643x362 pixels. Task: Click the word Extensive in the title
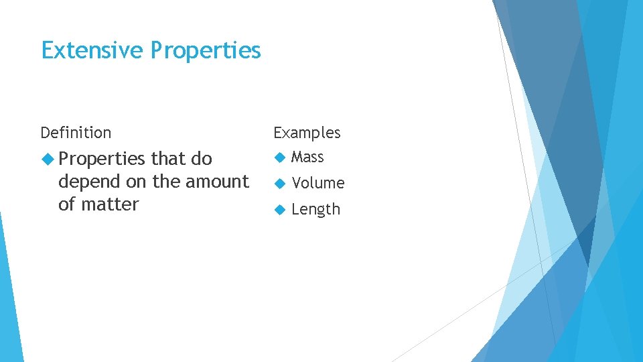coord(92,50)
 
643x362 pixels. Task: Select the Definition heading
coord(76,133)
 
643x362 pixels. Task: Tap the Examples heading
coord(307,133)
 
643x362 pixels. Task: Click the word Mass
coord(307,158)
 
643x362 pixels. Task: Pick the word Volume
coord(318,183)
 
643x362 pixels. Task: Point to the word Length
coord(315,209)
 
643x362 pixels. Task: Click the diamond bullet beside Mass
coord(279,158)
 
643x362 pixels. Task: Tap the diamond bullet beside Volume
coord(279,183)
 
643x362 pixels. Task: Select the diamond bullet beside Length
coord(279,209)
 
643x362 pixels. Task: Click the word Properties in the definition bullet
coord(102,160)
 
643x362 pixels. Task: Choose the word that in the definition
coord(168,159)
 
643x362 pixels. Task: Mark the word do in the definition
coord(201,159)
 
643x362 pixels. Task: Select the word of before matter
coord(67,204)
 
